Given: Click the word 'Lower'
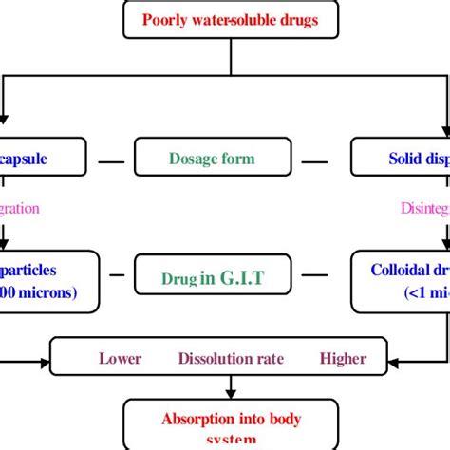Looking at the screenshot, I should click(120, 358).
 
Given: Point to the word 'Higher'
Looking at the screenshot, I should click(342, 358).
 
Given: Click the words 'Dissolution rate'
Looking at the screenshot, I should click(229, 358).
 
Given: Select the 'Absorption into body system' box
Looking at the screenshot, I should click(231, 422).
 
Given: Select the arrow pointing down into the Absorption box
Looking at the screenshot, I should click(231, 387).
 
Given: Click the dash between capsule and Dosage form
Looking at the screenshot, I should click(111, 160).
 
